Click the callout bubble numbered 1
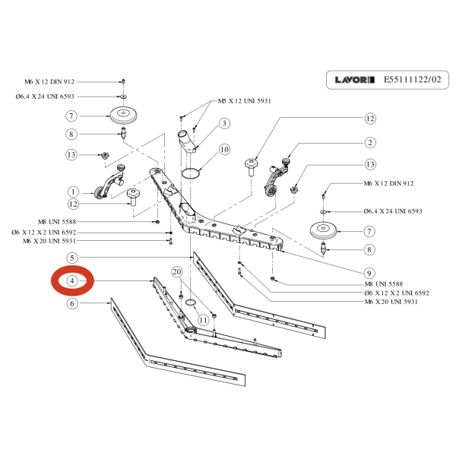(74, 191)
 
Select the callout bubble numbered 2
(370, 142)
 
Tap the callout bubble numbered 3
(225, 123)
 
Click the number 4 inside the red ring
(72, 280)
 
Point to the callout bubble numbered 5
(72, 258)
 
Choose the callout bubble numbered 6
(72, 303)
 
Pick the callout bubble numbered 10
(225, 150)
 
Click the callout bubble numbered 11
(203, 320)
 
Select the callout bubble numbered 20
(176, 271)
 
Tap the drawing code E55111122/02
(411, 79)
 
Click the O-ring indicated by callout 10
(192, 173)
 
